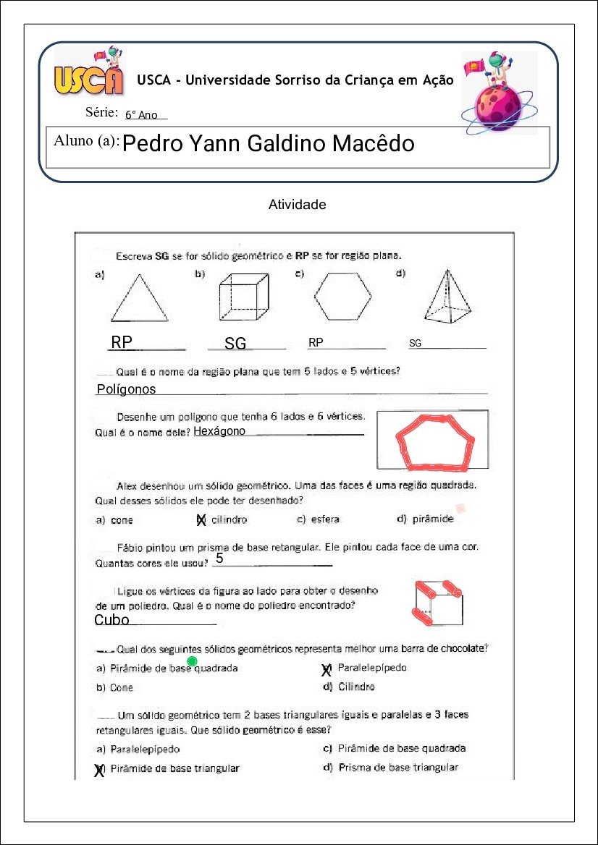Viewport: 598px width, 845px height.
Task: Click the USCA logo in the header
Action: click(88, 75)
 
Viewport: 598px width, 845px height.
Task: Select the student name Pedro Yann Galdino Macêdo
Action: click(269, 144)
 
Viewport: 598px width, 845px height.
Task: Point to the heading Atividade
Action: click(297, 205)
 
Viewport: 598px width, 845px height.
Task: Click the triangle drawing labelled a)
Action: click(139, 300)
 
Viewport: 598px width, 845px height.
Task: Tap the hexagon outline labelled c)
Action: click(342, 296)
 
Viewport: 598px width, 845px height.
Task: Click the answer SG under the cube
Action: click(235, 344)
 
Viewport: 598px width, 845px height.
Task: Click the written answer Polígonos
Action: click(126, 389)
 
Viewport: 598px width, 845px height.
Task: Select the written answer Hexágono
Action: click(219, 431)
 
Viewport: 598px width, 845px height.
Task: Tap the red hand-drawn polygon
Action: click(434, 441)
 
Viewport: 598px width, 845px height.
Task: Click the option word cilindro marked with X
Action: click(229, 519)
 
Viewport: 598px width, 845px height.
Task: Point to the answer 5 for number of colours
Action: click(219, 559)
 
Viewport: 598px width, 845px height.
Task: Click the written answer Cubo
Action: click(111, 620)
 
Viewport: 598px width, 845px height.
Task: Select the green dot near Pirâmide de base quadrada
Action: click(193, 661)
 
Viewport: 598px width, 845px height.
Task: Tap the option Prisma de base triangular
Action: click(397, 767)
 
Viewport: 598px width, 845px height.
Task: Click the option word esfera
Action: click(324, 519)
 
